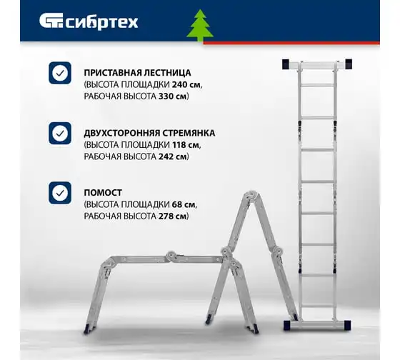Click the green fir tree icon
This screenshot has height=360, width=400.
coord(200,26)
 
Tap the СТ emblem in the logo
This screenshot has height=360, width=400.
coord(51,21)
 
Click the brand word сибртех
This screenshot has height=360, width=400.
coord(102,22)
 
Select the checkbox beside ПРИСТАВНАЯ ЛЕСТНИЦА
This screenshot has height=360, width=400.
coord(60,73)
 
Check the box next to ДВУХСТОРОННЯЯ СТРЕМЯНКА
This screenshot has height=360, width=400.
coord(60,133)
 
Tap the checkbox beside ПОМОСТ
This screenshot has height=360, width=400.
coord(60,193)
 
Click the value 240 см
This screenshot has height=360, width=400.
coord(186,84)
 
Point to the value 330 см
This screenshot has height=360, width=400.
coord(173,96)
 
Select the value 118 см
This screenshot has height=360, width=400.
coord(186,145)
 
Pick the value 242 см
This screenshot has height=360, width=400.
coord(173,156)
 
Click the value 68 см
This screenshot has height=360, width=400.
coord(184,204)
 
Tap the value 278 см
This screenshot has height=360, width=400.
coord(173,216)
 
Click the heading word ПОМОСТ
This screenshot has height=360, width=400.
coord(103,193)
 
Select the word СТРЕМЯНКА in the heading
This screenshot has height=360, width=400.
coord(189,133)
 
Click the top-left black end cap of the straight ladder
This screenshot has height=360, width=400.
coord(286,64)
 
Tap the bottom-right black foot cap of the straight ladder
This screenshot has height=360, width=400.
coord(347,326)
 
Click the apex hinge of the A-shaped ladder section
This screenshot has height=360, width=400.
coord(252,195)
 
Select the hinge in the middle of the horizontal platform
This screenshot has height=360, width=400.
coord(171,256)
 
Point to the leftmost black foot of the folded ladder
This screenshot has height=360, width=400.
coord(87,330)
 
